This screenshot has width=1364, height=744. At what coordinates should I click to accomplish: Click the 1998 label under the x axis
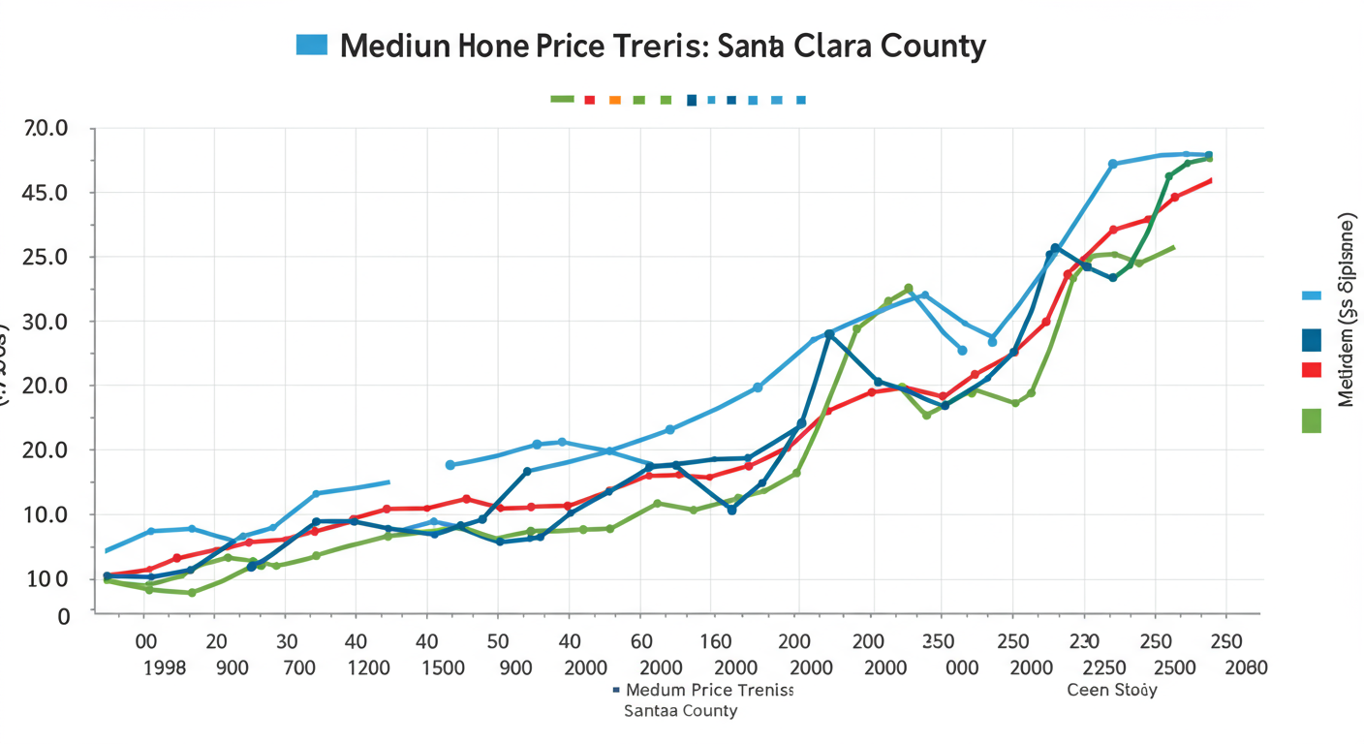pyautogui.click(x=164, y=667)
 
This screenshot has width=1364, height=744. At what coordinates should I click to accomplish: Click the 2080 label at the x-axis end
pyautogui.click(x=1245, y=667)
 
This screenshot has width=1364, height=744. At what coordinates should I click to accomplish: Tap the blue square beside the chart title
pyautogui.click(x=312, y=44)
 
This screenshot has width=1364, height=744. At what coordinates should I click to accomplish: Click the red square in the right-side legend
pyautogui.click(x=1312, y=369)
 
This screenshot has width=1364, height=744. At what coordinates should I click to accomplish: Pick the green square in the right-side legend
pyautogui.click(x=1312, y=420)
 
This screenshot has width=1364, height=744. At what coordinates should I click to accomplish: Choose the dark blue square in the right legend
pyautogui.click(x=1312, y=340)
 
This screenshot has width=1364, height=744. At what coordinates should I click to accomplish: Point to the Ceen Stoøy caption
pyautogui.click(x=1111, y=691)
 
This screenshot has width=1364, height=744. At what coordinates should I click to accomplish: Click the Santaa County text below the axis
pyautogui.click(x=680, y=711)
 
